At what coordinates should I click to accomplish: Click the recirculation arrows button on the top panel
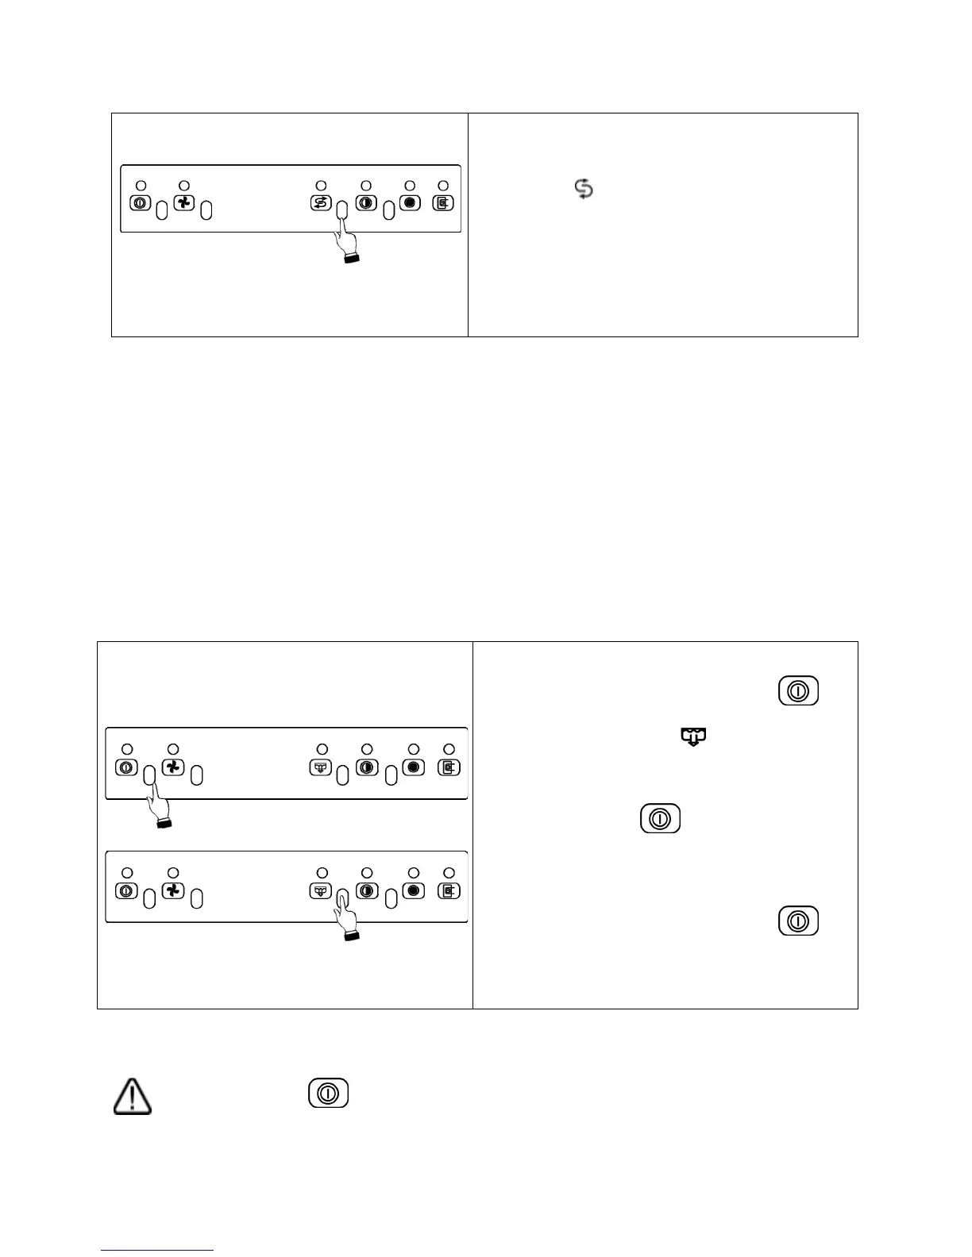click(x=321, y=203)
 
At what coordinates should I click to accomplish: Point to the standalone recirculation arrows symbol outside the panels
click(x=584, y=189)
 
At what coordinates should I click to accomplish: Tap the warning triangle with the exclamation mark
click(x=133, y=1096)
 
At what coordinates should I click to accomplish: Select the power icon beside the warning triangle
click(x=328, y=1094)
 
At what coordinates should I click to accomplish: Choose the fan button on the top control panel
click(x=183, y=203)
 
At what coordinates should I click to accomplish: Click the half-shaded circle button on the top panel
click(x=366, y=202)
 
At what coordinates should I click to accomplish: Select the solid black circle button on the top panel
click(x=410, y=202)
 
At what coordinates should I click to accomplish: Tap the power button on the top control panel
click(x=139, y=203)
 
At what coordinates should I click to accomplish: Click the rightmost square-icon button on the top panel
click(x=442, y=203)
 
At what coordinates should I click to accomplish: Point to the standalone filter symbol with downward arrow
click(x=693, y=737)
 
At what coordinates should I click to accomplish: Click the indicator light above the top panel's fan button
click(x=185, y=186)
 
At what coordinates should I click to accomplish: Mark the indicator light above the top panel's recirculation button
click(x=321, y=186)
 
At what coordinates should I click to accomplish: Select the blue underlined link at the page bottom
click(x=157, y=1250)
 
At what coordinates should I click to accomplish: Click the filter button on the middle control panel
click(x=320, y=767)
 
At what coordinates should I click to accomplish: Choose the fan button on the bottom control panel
click(x=173, y=890)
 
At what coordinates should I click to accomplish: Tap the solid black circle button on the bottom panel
click(x=413, y=890)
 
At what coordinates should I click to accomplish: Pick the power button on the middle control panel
click(x=127, y=767)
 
